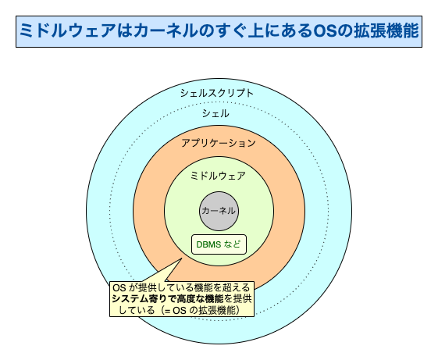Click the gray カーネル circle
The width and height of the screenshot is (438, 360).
coord(218,210)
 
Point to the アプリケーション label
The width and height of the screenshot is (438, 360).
coord(218,144)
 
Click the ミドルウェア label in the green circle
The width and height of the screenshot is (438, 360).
coord(218,176)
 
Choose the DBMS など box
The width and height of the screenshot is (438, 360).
coord(219,244)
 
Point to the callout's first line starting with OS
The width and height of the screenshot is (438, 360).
coord(182,287)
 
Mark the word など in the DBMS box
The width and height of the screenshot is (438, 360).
coord(233,244)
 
